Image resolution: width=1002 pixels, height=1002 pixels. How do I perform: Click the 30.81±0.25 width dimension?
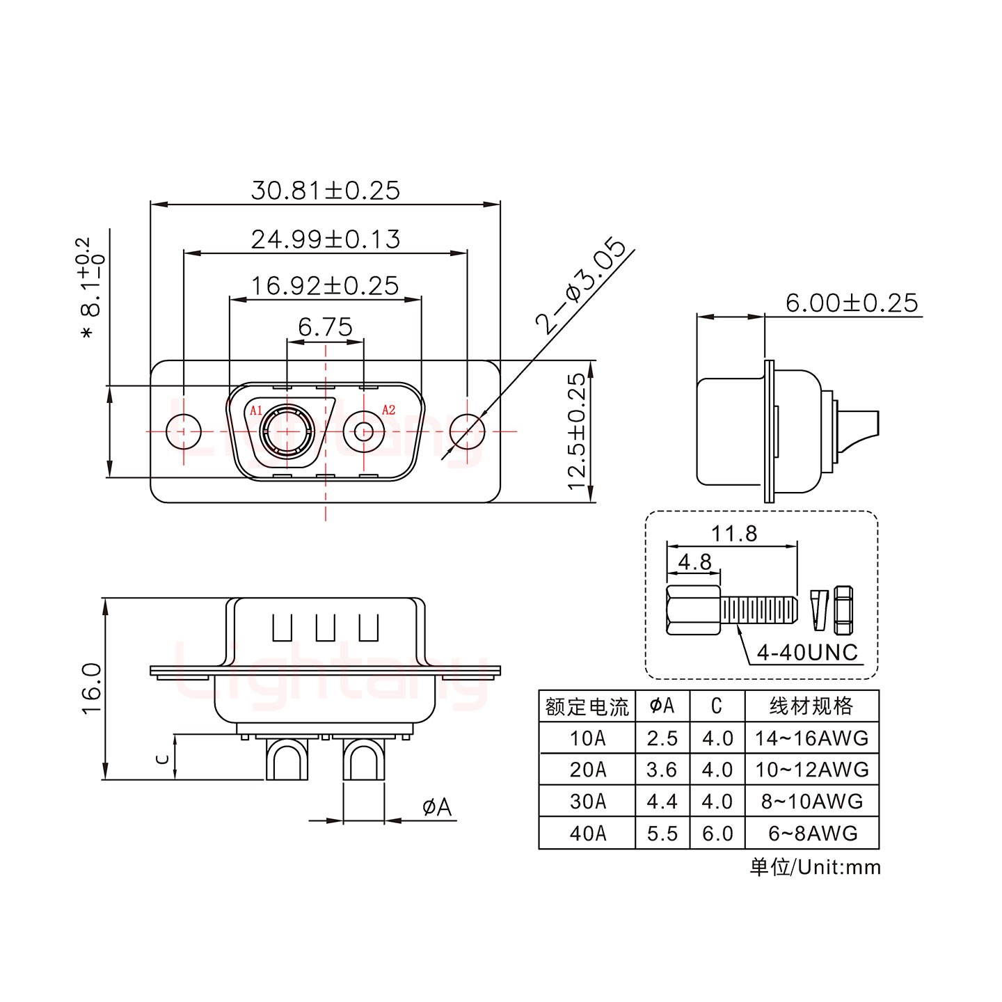tap(325, 190)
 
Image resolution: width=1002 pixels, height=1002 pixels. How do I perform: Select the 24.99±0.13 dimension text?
tap(325, 239)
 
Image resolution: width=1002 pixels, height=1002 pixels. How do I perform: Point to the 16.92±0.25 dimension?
tap(325, 286)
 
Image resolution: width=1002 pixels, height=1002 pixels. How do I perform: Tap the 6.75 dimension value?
tap(325, 327)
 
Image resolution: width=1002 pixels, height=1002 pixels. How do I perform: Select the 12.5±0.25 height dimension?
tap(577, 431)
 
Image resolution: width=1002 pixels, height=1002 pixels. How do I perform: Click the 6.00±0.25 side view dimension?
tap(851, 303)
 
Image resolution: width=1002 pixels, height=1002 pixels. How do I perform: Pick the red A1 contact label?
tap(256, 410)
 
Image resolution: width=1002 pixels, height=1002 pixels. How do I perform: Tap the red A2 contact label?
tap(388, 410)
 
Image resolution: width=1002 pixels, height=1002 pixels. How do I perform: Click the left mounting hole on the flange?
tap(184, 431)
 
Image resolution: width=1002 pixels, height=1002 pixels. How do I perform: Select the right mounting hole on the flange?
tap(466, 431)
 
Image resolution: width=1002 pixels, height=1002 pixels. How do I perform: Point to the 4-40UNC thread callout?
tap(807, 653)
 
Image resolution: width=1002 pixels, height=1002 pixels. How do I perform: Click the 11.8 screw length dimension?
tap(733, 534)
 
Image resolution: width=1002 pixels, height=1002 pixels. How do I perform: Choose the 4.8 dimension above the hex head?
tap(694, 562)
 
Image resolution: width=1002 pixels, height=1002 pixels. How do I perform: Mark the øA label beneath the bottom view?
tap(436, 807)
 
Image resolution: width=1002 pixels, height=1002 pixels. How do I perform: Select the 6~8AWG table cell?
tap(811, 833)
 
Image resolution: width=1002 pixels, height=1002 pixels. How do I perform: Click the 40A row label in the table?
tap(587, 833)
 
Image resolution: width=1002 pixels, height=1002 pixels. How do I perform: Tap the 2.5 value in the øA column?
tap(662, 738)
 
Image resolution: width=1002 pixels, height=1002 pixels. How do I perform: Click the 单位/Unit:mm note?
tap(815, 867)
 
